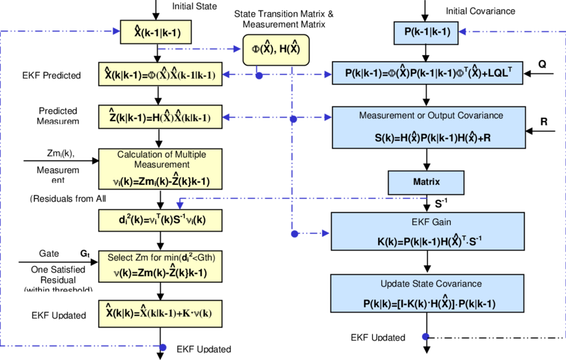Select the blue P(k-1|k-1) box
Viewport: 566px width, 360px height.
pyautogui.click(x=426, y=31)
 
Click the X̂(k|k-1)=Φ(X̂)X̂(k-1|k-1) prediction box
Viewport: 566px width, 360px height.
pyautogui.click(x=160, y=74)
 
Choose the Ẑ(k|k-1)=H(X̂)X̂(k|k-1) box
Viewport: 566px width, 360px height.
pyautogui.click(x=160, y=117)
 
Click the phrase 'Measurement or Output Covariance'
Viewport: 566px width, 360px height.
pyautogui.click(x=431, y=116)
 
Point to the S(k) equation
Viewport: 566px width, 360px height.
pyautogui.click(x=431, y=138)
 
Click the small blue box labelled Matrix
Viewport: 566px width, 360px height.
pyautogui.click(x=426, y=182)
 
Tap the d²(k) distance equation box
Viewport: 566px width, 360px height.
pyautogui.click(x=160, y=220)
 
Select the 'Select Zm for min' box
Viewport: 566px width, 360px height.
pyautogui.click(x=160, y=266)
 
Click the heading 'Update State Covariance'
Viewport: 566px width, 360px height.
pyautogui.click(x=431, y=283)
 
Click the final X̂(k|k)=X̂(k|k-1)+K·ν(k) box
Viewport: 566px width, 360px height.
pyautogui.click(x=160, y=312)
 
